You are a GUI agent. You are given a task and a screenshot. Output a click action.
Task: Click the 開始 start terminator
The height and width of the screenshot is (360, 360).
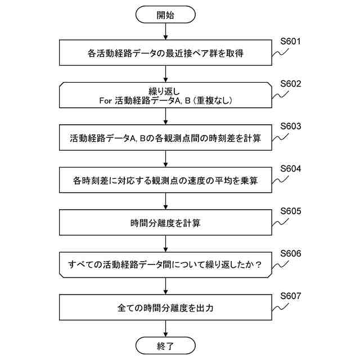coord(165,15)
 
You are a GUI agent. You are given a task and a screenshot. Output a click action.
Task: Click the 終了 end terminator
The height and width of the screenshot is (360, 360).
coord(165,344)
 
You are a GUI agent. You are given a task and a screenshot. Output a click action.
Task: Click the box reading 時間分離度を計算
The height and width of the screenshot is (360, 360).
coord(165,223)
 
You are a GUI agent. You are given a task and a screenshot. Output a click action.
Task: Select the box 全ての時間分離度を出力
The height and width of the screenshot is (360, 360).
coord(165,308)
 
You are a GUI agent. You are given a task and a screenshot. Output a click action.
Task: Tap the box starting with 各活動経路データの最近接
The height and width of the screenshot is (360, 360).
coord(165,55)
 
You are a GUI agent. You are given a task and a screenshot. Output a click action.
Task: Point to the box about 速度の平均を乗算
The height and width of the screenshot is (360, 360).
coord(165,181)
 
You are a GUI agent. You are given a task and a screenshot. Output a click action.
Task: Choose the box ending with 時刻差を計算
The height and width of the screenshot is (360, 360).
coord(165,138)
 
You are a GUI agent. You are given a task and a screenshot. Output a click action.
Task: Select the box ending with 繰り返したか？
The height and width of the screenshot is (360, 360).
coord(165,265)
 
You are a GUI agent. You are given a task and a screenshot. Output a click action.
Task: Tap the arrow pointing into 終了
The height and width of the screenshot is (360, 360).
coord(165,328)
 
